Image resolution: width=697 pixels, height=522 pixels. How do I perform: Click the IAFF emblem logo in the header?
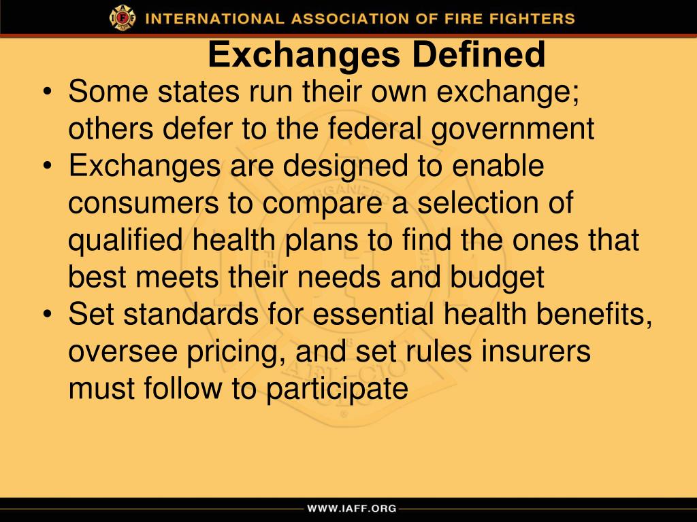(x=123, y=18)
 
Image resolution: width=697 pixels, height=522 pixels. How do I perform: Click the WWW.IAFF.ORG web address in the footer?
(x=351, y=508)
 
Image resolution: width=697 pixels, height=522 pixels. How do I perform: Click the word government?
(x=517, y=129)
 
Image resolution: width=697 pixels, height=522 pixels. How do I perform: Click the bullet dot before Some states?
(x=50, y=93)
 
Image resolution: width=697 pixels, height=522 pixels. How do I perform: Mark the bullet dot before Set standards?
(x=50, y=315)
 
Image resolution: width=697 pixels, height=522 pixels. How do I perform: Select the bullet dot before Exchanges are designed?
(x=50, y=167)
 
